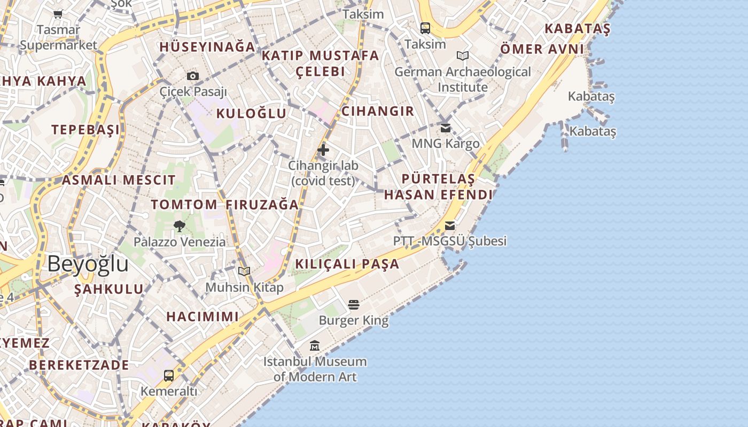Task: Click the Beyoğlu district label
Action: [88, 264]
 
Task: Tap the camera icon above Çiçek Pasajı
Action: [193, 76]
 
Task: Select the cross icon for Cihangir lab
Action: [323, 150]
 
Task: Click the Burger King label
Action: [354, 321]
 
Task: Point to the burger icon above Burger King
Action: [353, 305]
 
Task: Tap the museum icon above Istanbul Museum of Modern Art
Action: [315, 346]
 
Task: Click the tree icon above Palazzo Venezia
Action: [180, 226]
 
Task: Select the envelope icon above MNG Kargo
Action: [446, 128]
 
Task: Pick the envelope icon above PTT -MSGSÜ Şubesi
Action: [450, 225]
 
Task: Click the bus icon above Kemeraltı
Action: [169, 375]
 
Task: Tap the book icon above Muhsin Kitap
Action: [244, 272]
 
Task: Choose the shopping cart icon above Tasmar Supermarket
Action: [58, 14]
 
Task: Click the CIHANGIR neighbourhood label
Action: [378, 111]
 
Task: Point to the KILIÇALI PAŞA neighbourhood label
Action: [347, 264]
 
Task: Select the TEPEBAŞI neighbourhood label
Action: [85, 130]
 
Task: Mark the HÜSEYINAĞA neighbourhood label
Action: [207, 47]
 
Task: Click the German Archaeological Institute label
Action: [463, 79]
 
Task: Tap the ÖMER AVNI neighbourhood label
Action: [542, 50]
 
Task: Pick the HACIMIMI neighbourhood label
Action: [202, 317]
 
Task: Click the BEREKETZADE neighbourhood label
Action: [79, 365]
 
